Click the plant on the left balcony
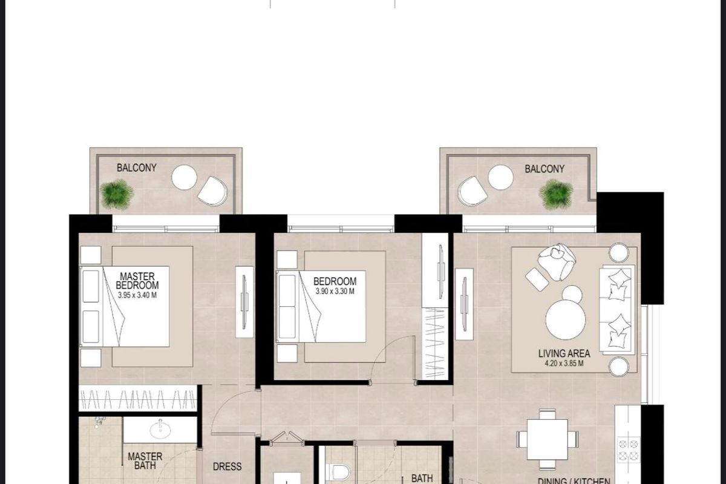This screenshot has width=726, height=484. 117,195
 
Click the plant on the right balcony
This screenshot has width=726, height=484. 555,195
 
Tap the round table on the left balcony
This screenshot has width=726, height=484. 185,177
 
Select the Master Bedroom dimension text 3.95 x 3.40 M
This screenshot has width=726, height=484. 137,295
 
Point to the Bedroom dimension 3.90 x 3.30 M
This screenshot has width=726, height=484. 335,291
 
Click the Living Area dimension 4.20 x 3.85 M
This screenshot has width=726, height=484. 564,364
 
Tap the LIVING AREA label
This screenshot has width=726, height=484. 564,353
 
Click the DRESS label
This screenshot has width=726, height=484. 227,466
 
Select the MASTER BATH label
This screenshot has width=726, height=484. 145,461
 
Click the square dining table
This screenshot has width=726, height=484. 548,440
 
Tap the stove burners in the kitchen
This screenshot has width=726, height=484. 629,450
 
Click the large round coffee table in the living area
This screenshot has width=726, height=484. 566,319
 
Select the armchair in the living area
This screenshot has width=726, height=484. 556,261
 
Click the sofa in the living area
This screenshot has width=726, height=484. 616,310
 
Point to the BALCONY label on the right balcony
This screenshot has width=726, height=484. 544,169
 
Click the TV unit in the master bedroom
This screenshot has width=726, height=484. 244,302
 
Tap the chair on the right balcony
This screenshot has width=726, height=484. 473,191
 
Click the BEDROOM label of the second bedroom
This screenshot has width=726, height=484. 335,281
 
